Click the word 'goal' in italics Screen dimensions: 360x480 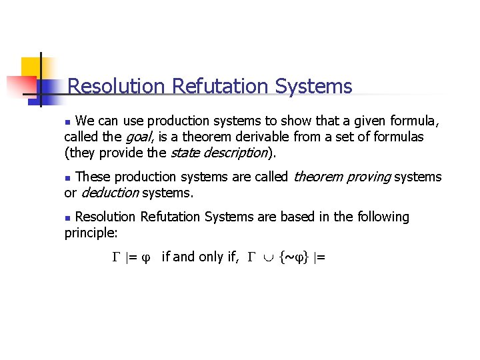[x=138, y=137]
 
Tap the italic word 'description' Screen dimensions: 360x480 [x=237, y=153]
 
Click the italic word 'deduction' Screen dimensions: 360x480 [x=109, y=193]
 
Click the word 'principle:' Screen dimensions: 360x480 [x=91, y=233]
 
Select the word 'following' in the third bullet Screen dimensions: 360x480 [x=383, y=217]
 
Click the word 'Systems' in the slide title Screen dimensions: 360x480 [x=313, y=86]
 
